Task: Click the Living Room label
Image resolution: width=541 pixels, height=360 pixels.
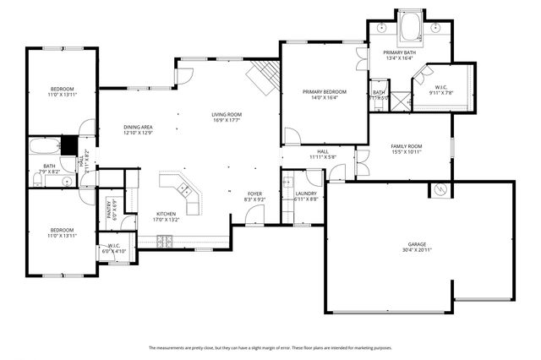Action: (x=227, y=115)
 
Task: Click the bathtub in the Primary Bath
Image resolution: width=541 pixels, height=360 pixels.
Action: (x=413, y=29)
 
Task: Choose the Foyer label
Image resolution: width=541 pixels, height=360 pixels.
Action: (x=254, y=194)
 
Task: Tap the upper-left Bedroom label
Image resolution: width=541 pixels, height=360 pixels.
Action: (x=62, y=89)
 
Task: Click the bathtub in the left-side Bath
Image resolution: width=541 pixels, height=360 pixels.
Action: (x=42, y=146)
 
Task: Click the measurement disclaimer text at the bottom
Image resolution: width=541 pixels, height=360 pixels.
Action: (x=270, y=347)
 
